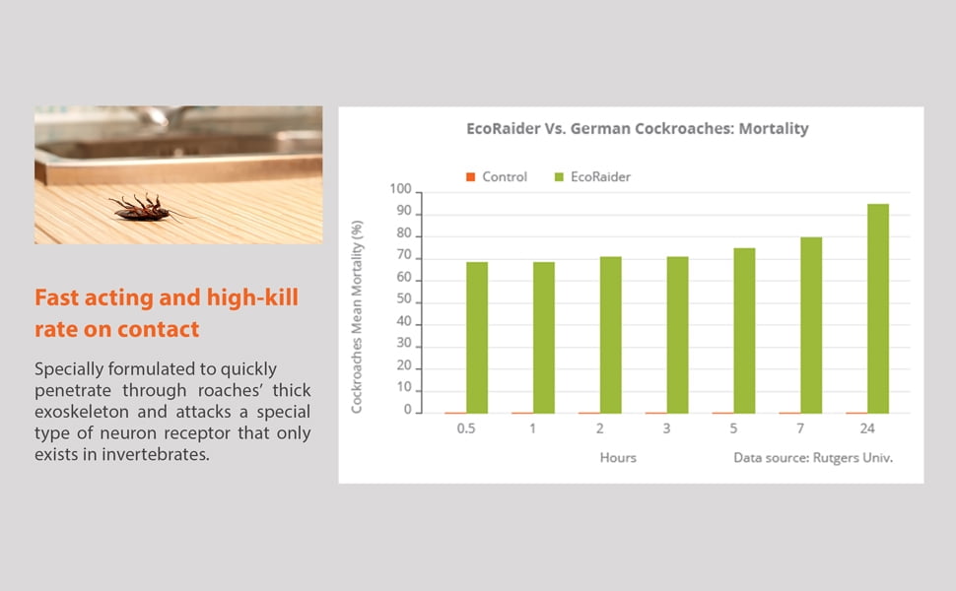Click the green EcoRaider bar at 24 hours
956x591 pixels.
[x=878, y=308]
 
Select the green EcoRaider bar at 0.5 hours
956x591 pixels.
[x=477, y=338]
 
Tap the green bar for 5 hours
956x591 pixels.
[x=744, y=331]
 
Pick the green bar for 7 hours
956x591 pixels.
[x=811, y=325]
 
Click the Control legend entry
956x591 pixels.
[x=497, y=176]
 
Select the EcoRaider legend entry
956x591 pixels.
[x=592, y=176]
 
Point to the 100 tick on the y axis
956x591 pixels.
[x=401, y=189]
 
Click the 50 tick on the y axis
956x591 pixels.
[x=404, y=298]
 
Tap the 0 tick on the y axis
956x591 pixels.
[x=408, y=410]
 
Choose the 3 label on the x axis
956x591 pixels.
[x=666, y=428]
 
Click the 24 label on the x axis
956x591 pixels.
[x=867, y=428]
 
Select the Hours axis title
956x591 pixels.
[x=618, y=458]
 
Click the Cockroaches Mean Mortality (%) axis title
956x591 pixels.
[x=357, y=317]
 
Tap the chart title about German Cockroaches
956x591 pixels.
[x=638, y=129]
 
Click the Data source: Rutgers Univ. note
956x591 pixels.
[x=813, y=458]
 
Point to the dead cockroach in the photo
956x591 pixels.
[x=146, y=209]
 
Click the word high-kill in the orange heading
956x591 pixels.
[x=252, y=297]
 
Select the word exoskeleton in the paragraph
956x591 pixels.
[x=81, y=412]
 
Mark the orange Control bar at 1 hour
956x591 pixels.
[x=522, y=413]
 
